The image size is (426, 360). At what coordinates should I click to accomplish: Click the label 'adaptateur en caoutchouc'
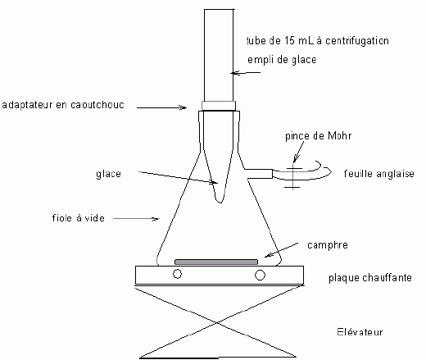coord(63,105)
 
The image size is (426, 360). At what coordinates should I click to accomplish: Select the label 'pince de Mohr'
coord(318,136)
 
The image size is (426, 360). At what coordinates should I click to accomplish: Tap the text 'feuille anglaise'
coord(379,174)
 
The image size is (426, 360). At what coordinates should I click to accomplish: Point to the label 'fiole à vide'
coord(79,218)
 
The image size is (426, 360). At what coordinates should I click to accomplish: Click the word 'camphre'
coord(328,245)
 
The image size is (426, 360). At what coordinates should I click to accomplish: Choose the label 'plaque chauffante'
coord(370,278)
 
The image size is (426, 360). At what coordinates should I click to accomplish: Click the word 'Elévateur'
coord(360,332)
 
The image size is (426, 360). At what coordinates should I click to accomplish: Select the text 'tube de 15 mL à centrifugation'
coord(318,41)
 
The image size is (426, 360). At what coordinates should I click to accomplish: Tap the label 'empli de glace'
coord(282,60)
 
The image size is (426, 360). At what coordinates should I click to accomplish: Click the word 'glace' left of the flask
coord(108,174)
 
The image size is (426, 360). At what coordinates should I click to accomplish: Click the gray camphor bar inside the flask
coord(216,262)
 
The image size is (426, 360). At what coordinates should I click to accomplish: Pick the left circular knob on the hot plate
coord(177,274)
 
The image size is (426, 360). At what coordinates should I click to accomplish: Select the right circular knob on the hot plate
coord(260,275)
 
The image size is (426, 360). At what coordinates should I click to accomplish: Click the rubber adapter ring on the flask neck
coord(219,106)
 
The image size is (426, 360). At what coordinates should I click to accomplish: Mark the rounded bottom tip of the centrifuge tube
coord(220,203)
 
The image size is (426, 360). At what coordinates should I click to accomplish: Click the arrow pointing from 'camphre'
coord(281,250)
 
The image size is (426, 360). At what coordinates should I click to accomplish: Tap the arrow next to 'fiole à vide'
coord(136,219)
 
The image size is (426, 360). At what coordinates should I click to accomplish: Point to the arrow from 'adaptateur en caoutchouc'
coord(161,107)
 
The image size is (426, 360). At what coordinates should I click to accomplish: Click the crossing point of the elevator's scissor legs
coord(217,323)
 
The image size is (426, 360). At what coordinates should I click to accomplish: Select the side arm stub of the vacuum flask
coord(258,174)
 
